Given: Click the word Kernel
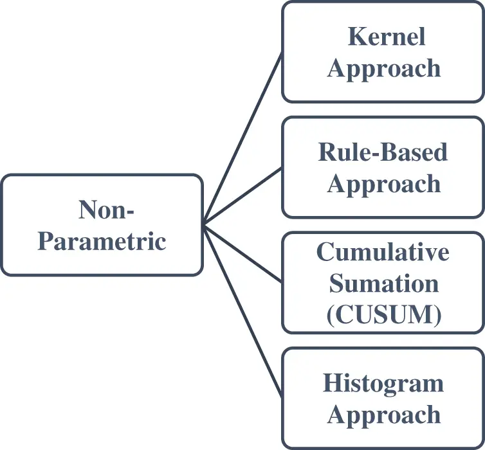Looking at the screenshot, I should point(387,37).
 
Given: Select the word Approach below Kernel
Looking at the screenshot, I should point(384,69).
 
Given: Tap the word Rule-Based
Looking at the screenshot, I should point(383,152).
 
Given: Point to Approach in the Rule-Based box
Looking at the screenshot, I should point(384,184).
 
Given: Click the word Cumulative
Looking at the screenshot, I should point(383,251).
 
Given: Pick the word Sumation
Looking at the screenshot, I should point(383,283).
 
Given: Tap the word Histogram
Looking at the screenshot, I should point(383,383).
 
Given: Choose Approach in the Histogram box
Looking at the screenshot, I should point(384,415).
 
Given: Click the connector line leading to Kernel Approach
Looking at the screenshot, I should point(243,138).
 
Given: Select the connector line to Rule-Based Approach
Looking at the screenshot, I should point(243,196).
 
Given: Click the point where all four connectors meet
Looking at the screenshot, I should point(204,224).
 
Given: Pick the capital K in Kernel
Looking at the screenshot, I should point(356,37).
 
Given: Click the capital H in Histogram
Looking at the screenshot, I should point(332,383).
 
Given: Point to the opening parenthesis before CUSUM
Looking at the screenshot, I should point(330,315).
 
